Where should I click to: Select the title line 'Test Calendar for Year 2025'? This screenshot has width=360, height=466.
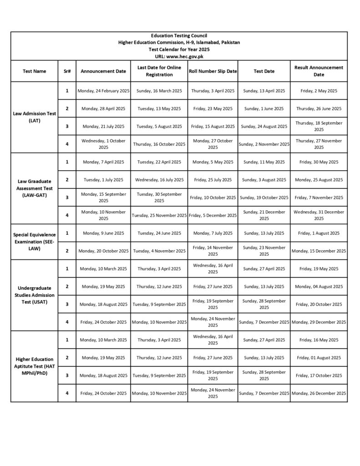179,49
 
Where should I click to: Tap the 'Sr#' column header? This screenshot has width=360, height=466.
67,71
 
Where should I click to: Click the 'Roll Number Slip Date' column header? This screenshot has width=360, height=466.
213,71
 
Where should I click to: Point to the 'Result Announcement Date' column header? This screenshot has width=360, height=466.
319,71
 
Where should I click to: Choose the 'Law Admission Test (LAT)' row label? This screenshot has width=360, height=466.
35,117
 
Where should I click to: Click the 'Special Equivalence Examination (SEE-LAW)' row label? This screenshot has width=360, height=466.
34,242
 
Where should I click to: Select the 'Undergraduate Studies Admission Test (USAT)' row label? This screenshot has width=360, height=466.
35,295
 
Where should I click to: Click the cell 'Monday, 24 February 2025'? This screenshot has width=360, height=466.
103,91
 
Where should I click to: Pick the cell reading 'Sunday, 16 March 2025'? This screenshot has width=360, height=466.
159,91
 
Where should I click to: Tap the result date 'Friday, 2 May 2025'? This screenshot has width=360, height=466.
319,91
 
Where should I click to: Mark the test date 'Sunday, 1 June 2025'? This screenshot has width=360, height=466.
264,109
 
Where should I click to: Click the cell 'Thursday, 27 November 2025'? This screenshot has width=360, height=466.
319,144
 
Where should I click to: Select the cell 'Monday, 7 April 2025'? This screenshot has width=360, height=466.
103,162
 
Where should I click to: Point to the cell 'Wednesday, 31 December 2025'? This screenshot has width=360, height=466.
319,215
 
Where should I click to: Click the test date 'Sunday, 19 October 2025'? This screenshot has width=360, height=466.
264,198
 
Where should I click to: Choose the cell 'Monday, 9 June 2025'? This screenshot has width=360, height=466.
103,233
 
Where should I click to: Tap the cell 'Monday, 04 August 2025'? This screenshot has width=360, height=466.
319,287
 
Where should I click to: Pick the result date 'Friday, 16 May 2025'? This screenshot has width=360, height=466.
319,340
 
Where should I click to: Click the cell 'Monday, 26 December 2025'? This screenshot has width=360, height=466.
319,393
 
